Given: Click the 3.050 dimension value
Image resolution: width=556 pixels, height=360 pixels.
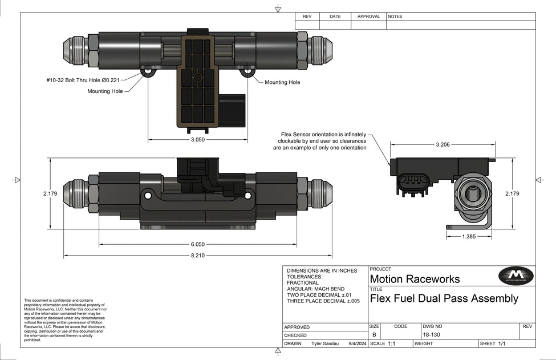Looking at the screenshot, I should click(x=197, y=140).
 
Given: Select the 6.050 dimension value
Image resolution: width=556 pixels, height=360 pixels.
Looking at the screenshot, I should click(x=197, y=244).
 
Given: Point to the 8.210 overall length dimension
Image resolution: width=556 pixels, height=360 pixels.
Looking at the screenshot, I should click(x=197, y=256).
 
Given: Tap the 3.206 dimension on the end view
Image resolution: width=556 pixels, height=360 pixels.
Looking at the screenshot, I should click(x=443, y=145).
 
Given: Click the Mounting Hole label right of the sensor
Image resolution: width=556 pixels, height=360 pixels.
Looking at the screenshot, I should click(x=282, y=82).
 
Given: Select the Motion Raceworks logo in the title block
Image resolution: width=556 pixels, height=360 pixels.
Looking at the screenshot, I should click(x=516, y=276).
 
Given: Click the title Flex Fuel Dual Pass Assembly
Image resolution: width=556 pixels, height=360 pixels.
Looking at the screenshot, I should click(x=444, y=298).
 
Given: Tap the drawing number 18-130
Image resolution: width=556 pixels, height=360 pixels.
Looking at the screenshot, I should click(x=431, y=335).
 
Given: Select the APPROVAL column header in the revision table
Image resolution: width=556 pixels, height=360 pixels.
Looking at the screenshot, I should click(x=368, y=17).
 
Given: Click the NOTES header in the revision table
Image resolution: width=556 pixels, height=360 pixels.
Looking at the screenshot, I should click(x=395, y=17).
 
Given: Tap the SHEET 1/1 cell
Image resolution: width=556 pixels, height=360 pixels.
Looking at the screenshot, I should click(x=493, y=344).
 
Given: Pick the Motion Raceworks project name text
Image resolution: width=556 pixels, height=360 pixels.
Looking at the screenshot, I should click(x=415, y=280).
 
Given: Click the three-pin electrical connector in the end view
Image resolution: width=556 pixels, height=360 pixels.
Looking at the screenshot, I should click(x=413, y=184).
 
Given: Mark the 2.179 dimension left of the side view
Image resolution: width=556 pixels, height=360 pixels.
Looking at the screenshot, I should click(x=50, y=193).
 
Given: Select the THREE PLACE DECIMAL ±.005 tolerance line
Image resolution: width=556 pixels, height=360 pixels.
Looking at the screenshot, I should click(x=323, y=301).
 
